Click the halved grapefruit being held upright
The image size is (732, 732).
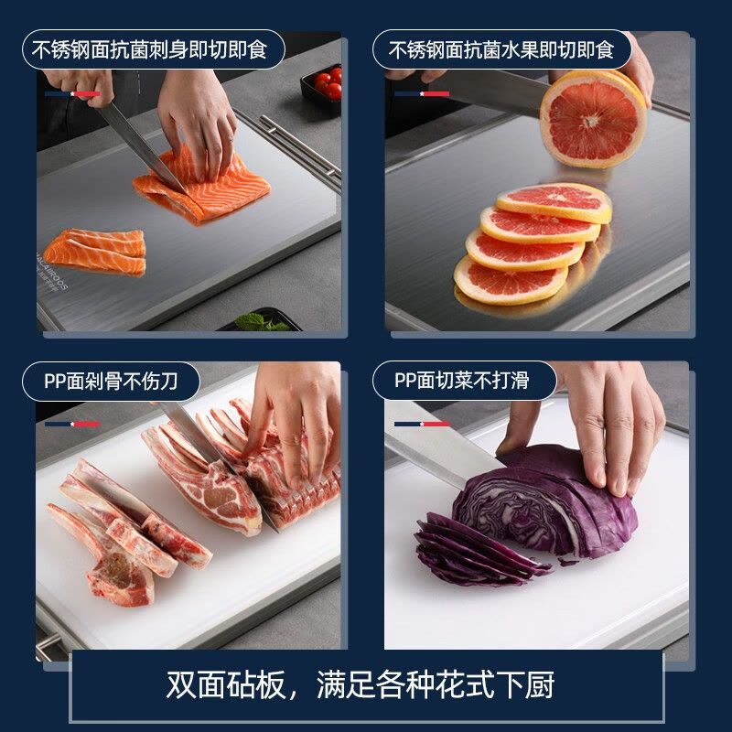tap(593, 118)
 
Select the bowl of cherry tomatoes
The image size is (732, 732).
tap(322, 89)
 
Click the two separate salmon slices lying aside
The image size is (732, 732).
tap(95, 253)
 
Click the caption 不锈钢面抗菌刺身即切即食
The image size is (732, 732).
tap(149, 49)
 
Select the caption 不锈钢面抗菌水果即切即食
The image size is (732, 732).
tap(501, 49)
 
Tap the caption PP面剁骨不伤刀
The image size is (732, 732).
tap(111, 381)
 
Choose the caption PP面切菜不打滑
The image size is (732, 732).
tap(462, 380)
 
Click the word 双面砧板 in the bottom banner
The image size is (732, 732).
tap(225, 684)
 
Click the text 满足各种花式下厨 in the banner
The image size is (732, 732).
tap(436, 684)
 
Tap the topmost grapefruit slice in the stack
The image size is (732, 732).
tap(554, 202)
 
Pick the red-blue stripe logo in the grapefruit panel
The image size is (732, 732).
tap(422, 94)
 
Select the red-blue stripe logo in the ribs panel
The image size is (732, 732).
tap(72, 424)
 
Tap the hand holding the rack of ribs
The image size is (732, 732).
tap(295, 420)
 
